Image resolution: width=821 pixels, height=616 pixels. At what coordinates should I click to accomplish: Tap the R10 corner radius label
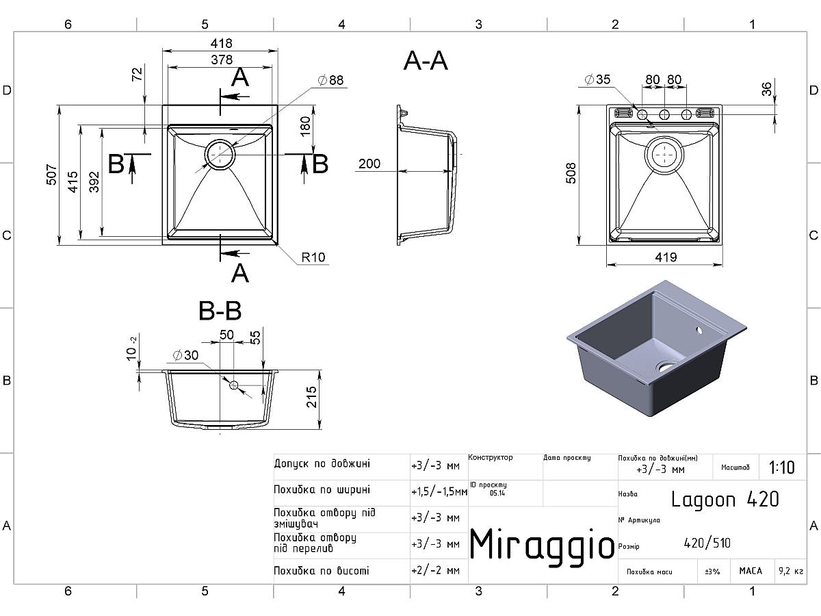point(313,258)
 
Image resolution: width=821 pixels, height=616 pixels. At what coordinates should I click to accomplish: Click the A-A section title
point(426,61)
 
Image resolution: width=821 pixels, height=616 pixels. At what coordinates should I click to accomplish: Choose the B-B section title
point(220,311)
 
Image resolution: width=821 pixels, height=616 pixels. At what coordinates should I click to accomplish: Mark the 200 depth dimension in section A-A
point(369,164)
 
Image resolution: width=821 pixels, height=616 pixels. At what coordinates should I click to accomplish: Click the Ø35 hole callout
point(597,80)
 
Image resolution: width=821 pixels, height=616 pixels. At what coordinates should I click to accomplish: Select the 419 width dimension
point(665,257)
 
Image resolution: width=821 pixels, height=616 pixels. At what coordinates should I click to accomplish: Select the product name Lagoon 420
point(725,499)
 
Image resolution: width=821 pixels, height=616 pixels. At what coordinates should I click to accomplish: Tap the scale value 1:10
point(781,468)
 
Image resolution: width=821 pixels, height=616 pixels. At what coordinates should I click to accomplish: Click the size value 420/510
point(707,543)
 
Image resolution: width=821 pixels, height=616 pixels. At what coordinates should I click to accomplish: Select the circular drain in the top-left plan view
point(220,155)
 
